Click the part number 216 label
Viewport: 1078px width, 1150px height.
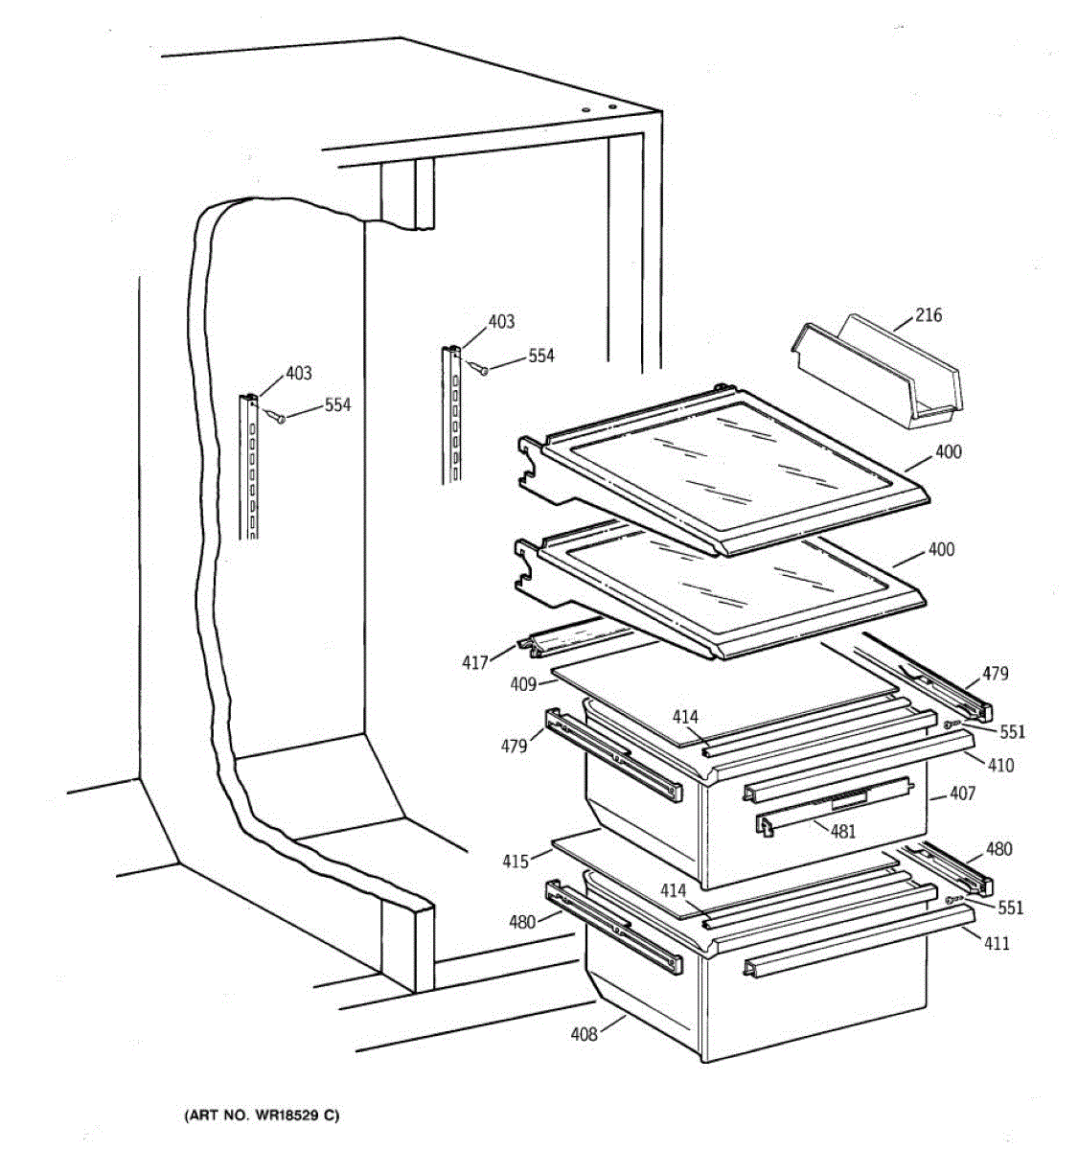pyautogui.click(x=929, y=314)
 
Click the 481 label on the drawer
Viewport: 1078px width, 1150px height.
pyautogui.click(x=842, y=831)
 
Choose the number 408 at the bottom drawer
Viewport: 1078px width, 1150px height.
pyautogui.click(x=584, y=1033)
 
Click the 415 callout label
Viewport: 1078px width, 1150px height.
pyautogui.click(x=516, y=861)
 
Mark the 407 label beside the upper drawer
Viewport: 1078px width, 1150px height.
pyautogui.click(x=962, y=793)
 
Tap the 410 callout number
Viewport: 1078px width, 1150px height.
pyautogui.click(x=1000, y=765)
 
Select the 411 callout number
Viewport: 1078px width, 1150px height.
pyautogui.click(x=997, y=943)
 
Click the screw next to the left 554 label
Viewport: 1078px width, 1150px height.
pyautogui.click(x=278, y=417)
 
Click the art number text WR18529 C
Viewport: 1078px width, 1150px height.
pyautogui.click(x=260, y=1115)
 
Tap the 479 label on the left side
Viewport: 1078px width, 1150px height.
pyautogui.click(x=515, y=745)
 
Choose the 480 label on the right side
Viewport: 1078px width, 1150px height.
pyautogui.click(x=998, y=848)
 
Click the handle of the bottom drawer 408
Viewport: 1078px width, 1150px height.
pyautogui.click(x=834, y=954)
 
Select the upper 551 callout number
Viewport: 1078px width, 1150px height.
pyautogui.click(x=1011, y=732)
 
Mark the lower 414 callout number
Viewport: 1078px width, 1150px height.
pyautogui.click(x=673, y=890)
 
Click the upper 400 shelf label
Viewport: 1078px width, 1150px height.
pyautogui.click(x=948, y=452)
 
